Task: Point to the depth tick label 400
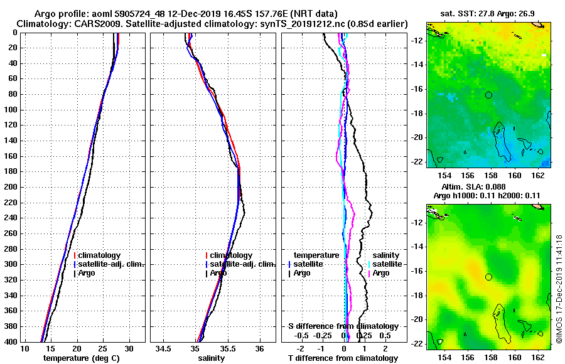11,341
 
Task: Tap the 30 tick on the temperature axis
129,348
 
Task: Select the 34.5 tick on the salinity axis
164,348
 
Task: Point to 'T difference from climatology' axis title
343,358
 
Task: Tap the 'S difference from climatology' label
343,326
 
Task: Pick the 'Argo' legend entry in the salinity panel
218,273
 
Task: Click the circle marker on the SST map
488,95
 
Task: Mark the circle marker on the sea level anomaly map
488,277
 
